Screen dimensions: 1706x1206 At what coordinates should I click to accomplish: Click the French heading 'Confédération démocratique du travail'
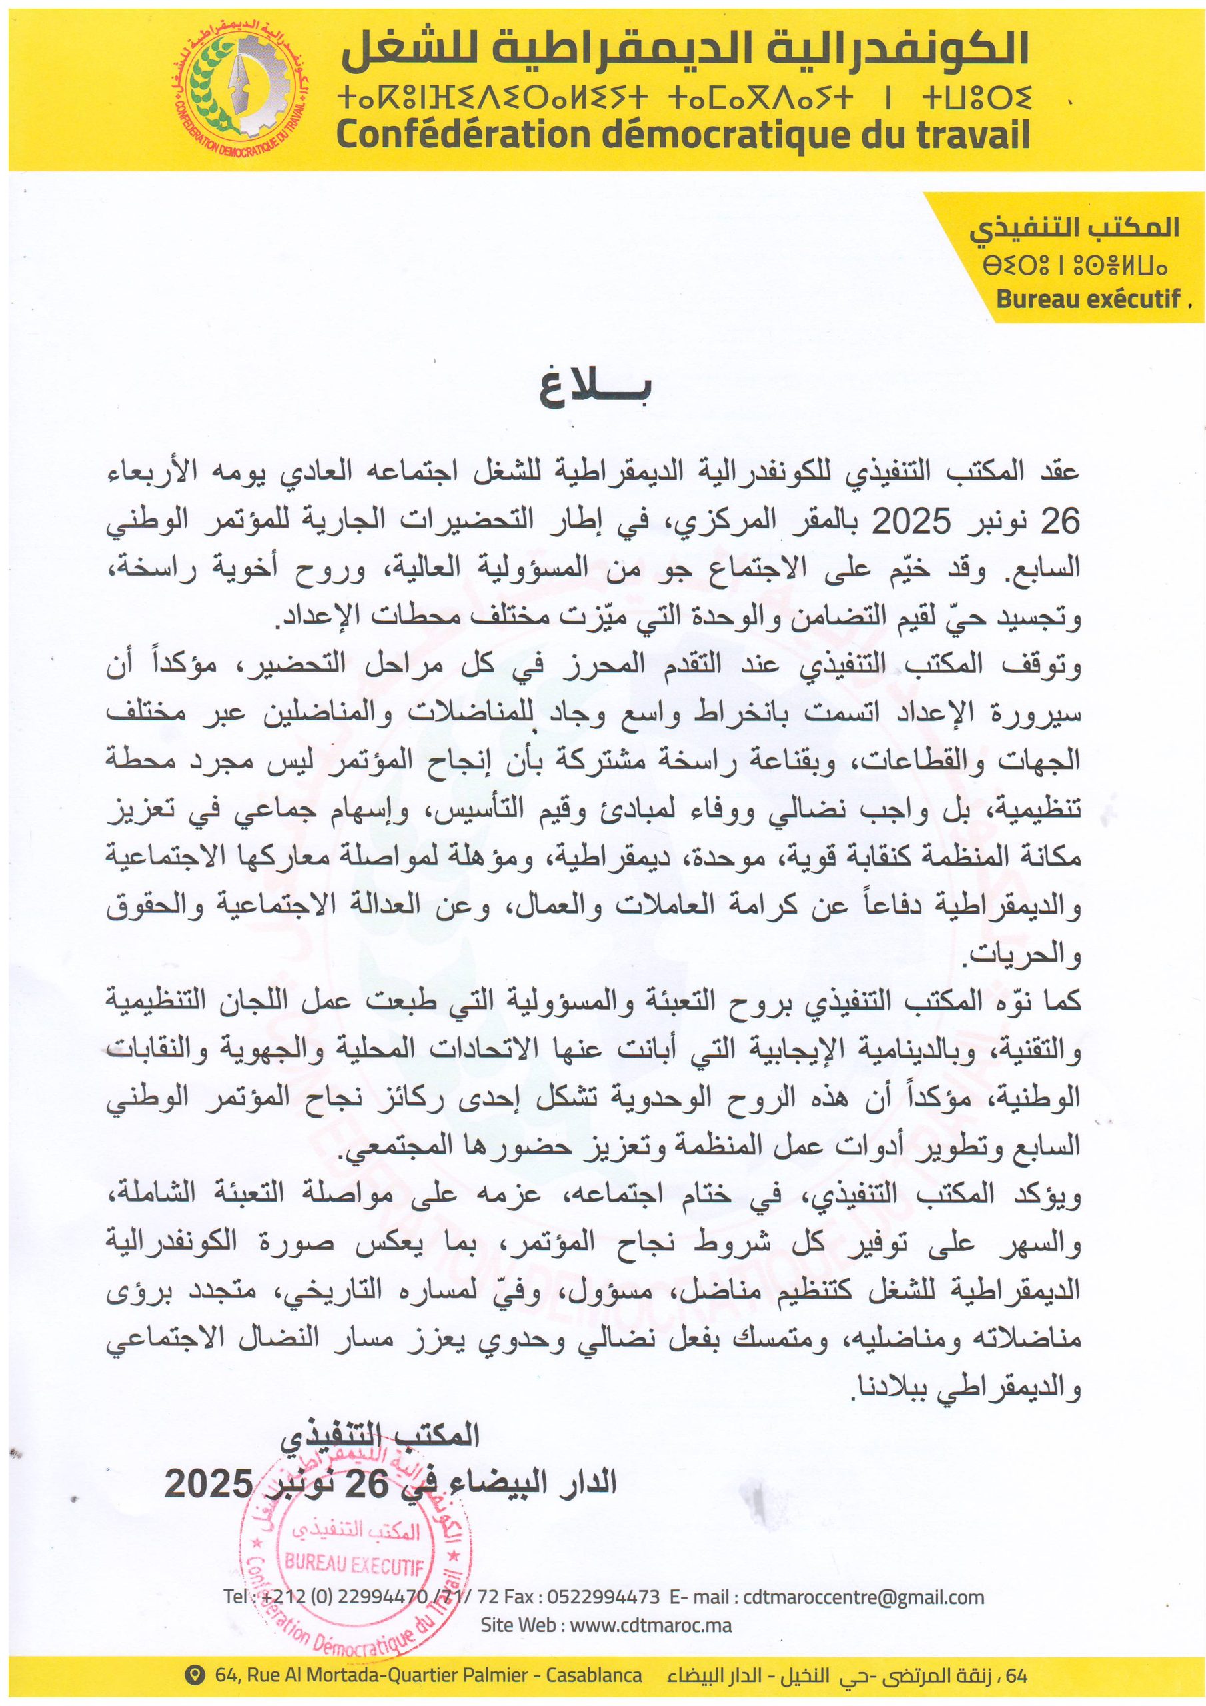683,135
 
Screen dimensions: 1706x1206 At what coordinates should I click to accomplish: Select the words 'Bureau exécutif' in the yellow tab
1089,298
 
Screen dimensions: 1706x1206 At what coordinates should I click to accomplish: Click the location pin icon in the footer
196,1675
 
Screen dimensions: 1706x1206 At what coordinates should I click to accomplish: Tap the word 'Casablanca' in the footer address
594,1675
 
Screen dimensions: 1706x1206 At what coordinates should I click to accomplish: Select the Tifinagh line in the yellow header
683,98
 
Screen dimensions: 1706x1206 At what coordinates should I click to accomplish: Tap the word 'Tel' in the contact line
235,1597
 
